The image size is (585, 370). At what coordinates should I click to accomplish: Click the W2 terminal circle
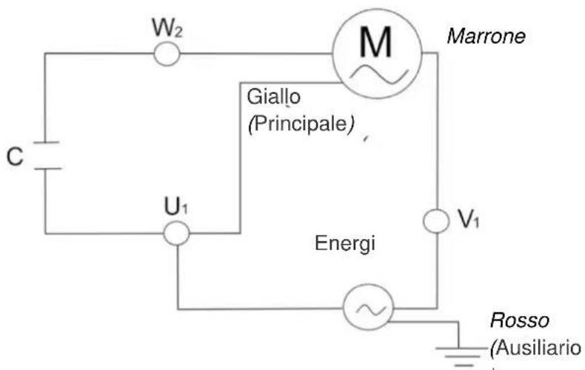(166, 53)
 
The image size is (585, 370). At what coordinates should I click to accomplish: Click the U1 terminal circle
(176, 233)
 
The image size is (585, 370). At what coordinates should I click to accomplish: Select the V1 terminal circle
(437, 221)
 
